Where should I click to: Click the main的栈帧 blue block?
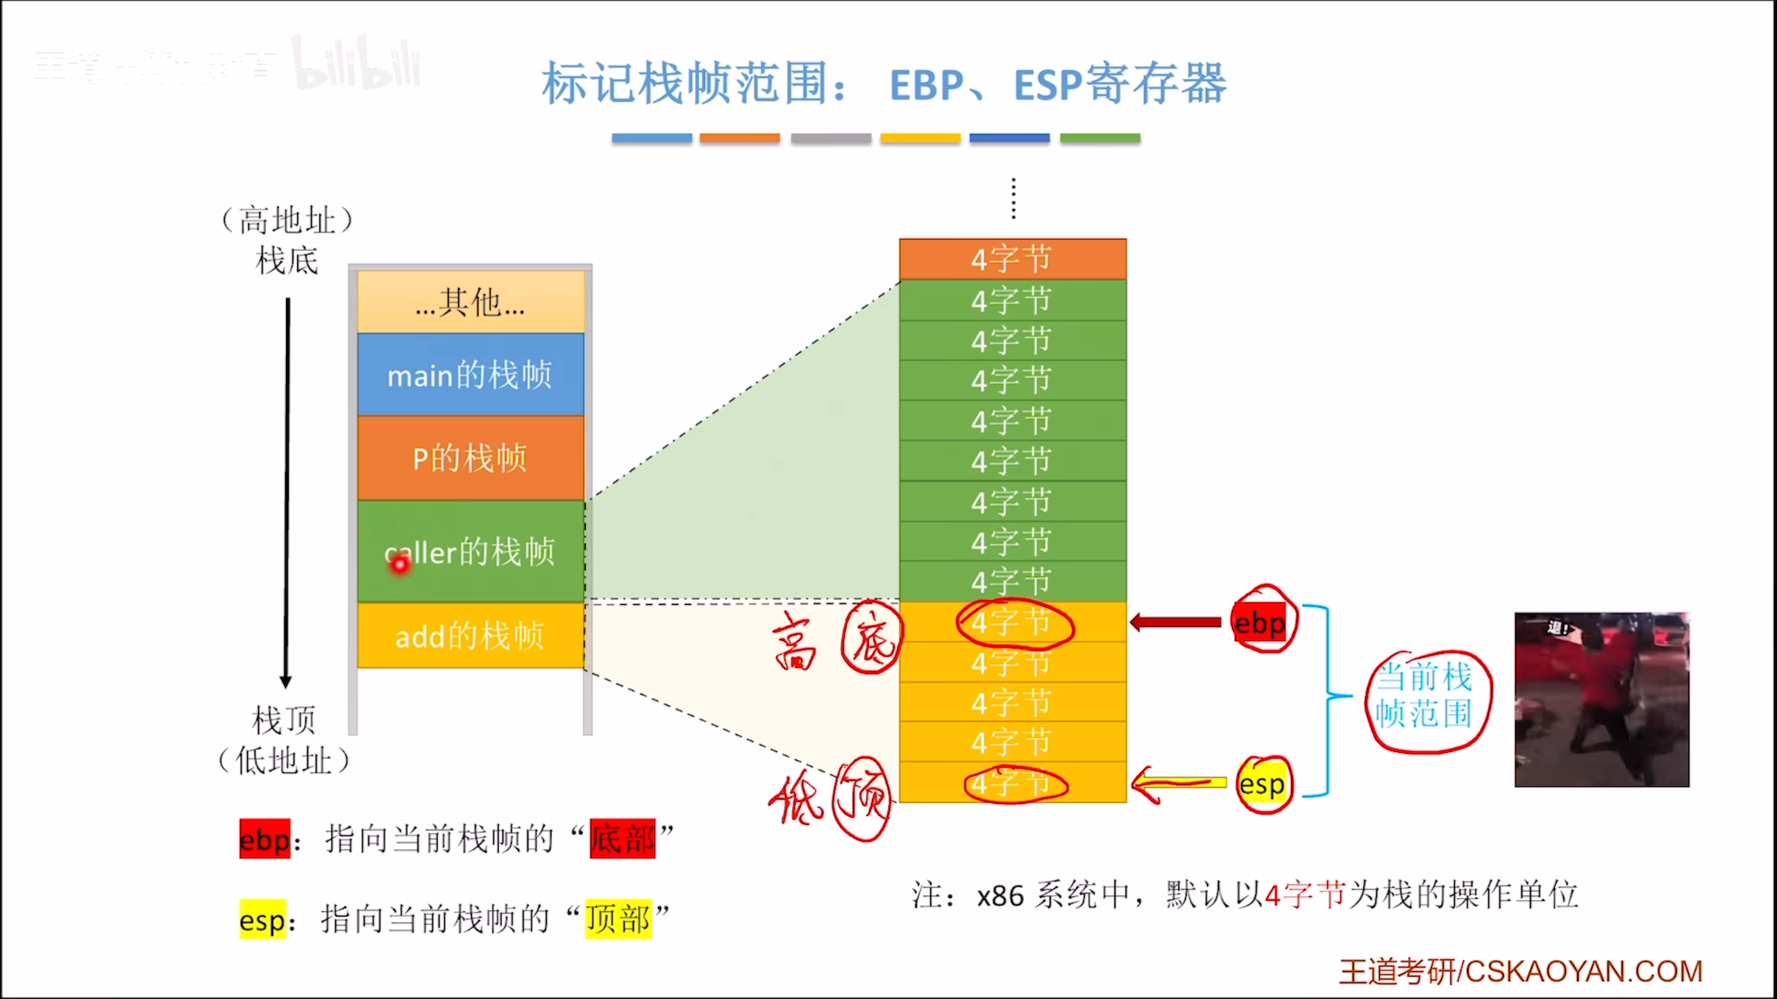point(471,375)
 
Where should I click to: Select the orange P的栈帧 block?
point(471,458)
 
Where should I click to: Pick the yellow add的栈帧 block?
point(471,635)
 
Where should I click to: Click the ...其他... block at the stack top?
point(471,302)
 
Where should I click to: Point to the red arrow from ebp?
point(1176,622)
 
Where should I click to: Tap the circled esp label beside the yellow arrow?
point(1263,785)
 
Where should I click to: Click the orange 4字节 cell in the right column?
point(1012,259)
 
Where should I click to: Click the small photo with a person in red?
point(1601,699)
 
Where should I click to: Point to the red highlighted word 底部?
point(622,839)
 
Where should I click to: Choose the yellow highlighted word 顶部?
point(618,919)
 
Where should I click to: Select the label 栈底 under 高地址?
point(287,262)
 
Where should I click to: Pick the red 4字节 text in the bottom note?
point(1305,895)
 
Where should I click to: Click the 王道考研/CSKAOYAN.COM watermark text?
point(1520,971)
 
